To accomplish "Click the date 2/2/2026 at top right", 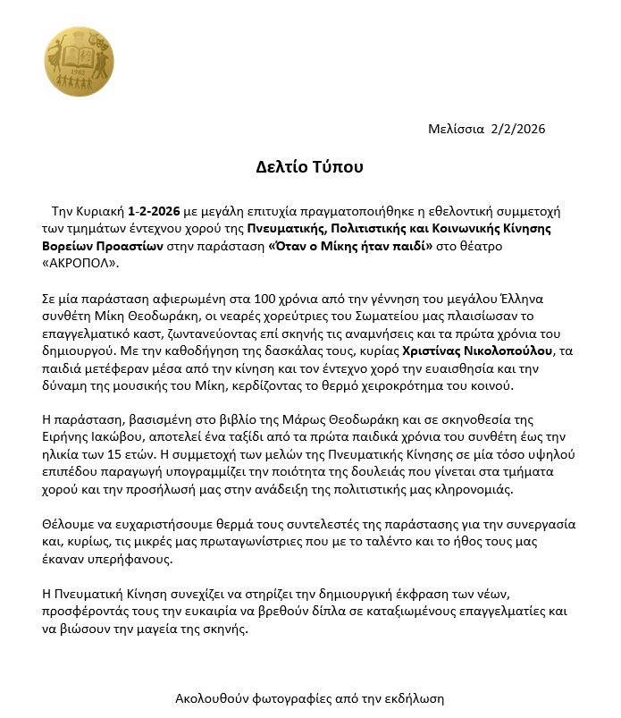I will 518,129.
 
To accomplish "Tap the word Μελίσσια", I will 457,129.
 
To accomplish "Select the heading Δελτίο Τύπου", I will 309,167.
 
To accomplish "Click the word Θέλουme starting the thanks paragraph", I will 71,525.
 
